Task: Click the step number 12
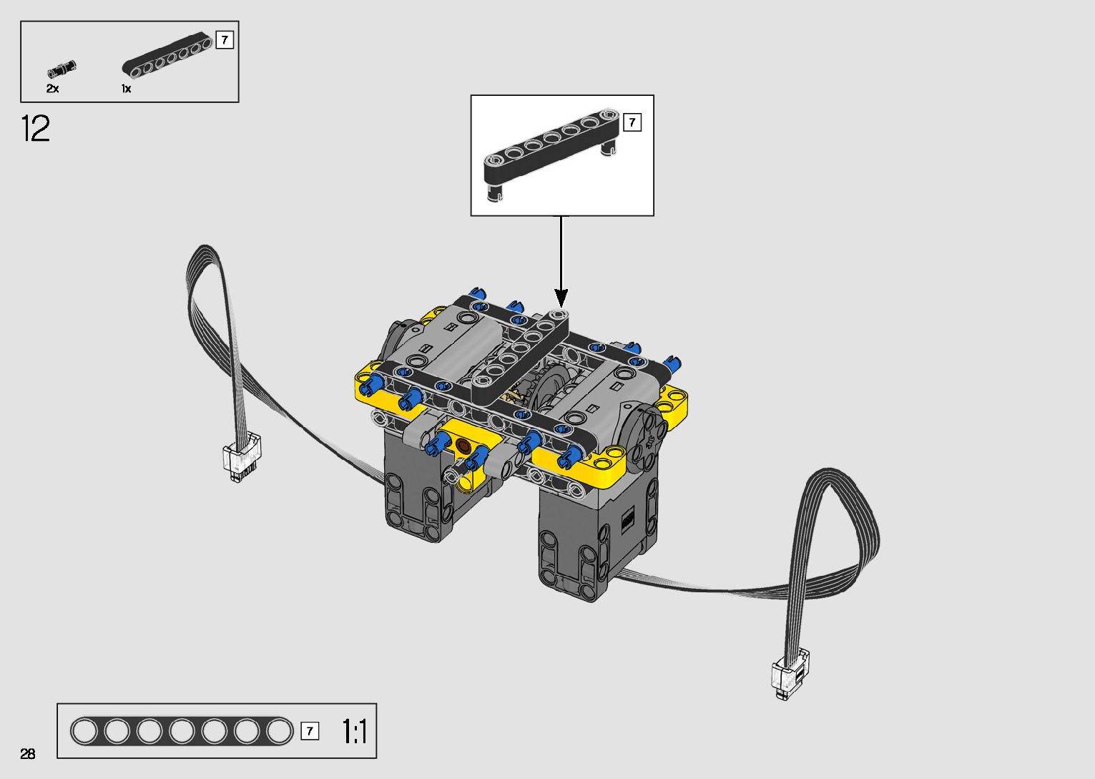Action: pyautogui.click(x=35, y=128)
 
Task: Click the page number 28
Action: pyautogui.click(x=28, y=753)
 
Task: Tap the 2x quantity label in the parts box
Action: pyautogui.click(x=52, y=89)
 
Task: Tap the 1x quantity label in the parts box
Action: pyautogui.click(x=126, y=89)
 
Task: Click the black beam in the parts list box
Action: pyautogui.click(x=167, y=55)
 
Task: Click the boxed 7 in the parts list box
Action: pyautogui.click(x=225, y=40)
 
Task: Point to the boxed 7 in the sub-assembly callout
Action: pyautogui.click(x=632, y=122)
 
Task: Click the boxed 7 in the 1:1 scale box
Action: pyautogui.click(x=310, y=731)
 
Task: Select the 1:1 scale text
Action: pyautogui.click(x=355, y=731)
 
